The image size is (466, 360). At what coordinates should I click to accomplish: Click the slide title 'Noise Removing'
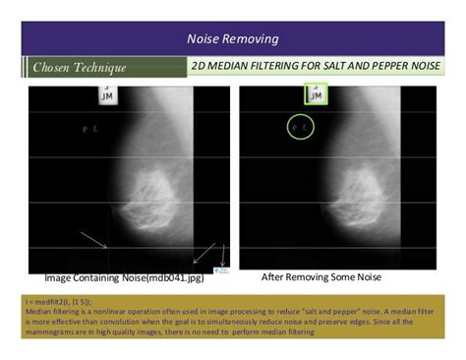(232, 39)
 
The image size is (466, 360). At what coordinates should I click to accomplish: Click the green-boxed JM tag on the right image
(316, 94)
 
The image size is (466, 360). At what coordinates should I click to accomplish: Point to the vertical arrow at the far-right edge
(224, 254)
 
